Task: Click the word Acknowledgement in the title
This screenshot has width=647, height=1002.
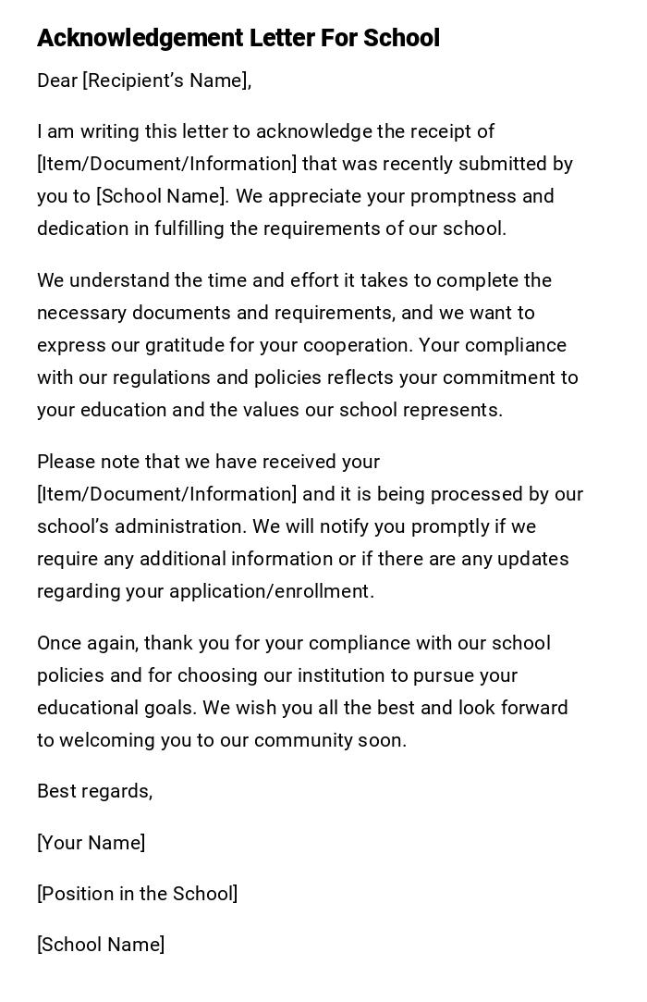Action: click(x=140, y=38)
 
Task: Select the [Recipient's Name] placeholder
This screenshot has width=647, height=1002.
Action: click(x=165, y=80)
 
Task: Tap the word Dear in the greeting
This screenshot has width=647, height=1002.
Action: click(x=57, y=80)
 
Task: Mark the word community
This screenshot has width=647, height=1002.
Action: click(x=305, y=740)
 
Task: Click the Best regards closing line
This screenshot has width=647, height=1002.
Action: click(x=94, y=791)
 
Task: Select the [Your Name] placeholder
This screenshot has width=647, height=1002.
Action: click(x=91, y=843)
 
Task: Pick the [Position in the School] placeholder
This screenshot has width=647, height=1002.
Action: click(x=137, y=894)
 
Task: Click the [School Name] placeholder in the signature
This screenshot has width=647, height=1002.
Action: click(x=101, y=945)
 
